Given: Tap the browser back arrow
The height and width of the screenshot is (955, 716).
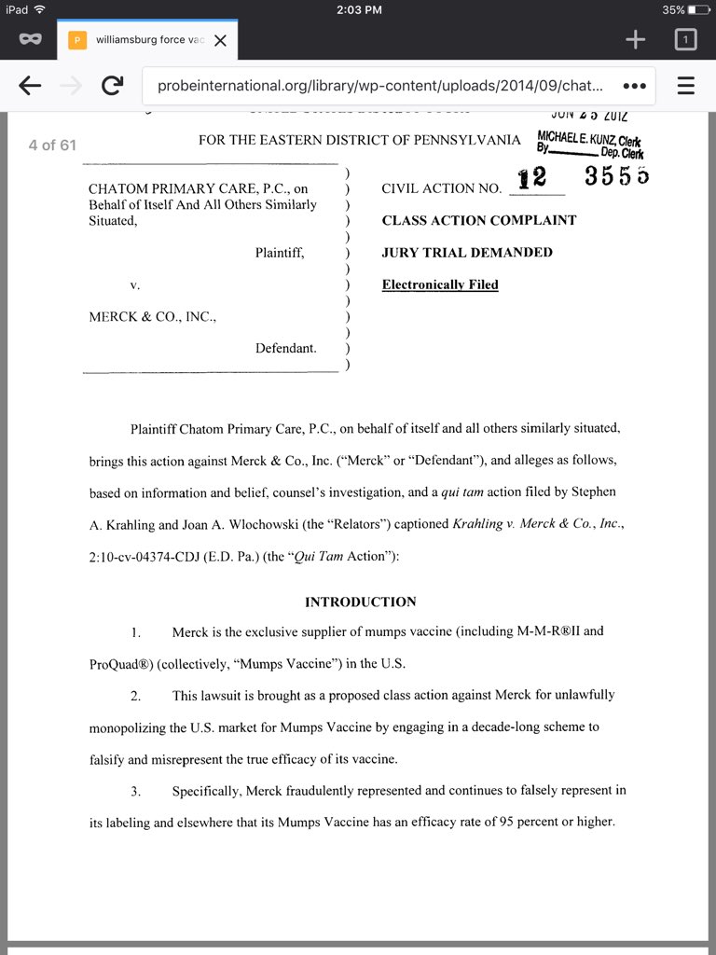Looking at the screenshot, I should pos(30,86).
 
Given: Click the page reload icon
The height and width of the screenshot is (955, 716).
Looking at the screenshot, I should pos(112,86).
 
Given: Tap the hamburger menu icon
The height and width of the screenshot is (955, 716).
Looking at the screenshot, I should pos(686,86).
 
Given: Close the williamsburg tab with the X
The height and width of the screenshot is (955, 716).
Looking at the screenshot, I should pos(220,40).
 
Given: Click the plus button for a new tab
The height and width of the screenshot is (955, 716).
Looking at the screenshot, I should pos(636,39).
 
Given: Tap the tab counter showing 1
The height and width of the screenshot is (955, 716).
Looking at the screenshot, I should pos(685,39).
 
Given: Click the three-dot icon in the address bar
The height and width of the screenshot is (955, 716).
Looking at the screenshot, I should pos(634,86).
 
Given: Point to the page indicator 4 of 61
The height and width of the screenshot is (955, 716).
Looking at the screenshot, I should pos(52,145).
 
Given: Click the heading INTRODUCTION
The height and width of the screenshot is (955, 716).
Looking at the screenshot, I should pos(361,602).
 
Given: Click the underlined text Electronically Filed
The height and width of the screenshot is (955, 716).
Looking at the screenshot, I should pos(440,284).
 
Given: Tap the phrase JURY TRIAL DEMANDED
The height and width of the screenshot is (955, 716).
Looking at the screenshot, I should pos(467,252).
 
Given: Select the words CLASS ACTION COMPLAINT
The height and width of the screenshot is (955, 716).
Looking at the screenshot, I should pos(479,220).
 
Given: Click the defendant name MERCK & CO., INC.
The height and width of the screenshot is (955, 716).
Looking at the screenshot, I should pos(152,316).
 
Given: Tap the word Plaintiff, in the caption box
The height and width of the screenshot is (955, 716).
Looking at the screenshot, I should pos(280,252).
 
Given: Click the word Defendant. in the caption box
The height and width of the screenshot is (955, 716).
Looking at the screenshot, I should pos(286,348).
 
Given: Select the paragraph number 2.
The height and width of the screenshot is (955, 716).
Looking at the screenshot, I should pos(135,696).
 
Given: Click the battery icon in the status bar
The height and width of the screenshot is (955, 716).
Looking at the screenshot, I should pos(699,9).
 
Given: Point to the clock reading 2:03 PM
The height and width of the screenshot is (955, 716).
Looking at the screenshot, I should pos(358,9).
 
